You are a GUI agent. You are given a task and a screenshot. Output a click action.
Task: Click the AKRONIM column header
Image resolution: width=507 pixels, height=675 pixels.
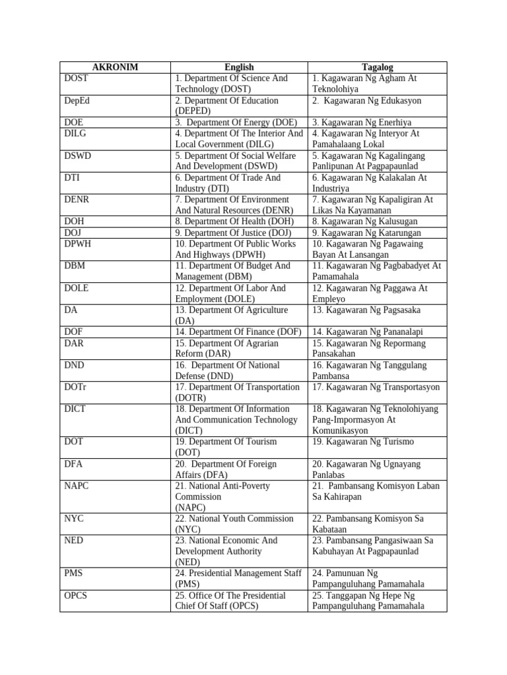[x=115, y=67]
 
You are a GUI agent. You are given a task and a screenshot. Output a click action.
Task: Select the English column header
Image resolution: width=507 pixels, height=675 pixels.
[x=239, y=67]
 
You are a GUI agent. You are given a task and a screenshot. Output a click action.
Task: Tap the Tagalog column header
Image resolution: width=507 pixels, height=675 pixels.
[x=377, y=67]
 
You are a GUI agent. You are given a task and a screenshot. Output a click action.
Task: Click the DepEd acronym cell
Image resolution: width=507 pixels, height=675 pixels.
[x=79, y=101]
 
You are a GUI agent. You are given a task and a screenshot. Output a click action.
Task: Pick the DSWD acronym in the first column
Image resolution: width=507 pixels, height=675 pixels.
[x=77, y=156]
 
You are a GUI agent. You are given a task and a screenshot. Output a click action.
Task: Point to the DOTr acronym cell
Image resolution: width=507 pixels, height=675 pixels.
[x=76, y=387]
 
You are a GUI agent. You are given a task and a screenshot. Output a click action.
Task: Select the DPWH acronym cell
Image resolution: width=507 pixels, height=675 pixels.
[x=77, y=244]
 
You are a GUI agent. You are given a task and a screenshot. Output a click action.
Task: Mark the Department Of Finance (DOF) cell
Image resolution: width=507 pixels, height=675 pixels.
[x=239, y=332]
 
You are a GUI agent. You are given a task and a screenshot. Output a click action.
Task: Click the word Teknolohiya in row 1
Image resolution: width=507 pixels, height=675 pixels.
[x=335, y=89]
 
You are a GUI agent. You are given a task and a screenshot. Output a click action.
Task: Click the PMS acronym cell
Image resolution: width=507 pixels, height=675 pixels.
[x=74, y=573]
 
